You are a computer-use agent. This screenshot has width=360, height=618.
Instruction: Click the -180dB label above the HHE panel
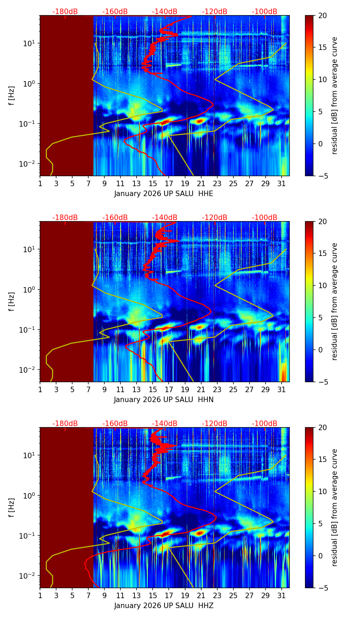coord(65,12)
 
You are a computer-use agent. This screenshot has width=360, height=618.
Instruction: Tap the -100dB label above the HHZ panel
coord(265,424)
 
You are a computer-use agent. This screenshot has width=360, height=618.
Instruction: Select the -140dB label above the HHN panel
coord(165,218)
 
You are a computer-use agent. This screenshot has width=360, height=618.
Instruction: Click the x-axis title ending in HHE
coord(164,194)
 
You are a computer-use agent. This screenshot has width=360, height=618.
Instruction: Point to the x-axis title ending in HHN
coord(164,400)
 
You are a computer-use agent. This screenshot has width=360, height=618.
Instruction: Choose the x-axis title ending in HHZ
coord(164,606)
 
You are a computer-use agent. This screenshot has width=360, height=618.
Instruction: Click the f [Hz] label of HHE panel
coord(11,96)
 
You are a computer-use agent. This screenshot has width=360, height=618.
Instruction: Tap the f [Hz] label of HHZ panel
coord(11,508)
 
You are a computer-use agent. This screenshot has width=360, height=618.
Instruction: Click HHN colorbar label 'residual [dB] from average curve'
coord(335,301)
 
